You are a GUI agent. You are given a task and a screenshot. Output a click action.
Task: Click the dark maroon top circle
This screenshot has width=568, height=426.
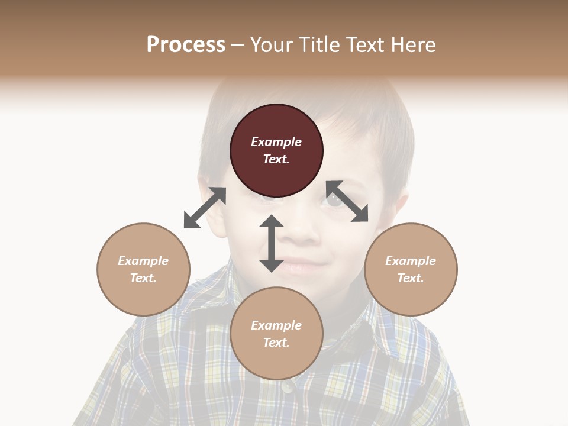(276, 151)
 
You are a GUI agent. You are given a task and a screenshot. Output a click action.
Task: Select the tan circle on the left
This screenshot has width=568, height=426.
(143, 269)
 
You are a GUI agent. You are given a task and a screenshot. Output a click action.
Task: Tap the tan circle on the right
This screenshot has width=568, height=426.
(411, 269)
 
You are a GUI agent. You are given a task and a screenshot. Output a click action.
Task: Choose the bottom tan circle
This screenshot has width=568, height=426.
(276, 334)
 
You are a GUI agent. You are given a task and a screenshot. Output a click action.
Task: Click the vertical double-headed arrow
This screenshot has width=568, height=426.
(272, 243)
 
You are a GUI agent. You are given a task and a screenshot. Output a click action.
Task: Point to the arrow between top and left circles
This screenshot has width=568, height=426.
(205, 208)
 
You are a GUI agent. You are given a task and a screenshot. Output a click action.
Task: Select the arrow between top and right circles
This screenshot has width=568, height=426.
(347, 202)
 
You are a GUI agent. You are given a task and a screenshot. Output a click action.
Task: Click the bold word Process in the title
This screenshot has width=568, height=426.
(186, 44)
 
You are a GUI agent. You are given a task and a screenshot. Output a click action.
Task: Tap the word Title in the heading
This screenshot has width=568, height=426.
(318, 44)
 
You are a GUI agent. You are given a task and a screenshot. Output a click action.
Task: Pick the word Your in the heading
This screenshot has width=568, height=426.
(271, 44)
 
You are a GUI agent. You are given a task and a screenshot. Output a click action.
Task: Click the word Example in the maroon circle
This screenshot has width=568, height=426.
(276, 142)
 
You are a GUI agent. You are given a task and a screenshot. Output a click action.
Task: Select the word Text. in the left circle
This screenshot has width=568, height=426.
(143, 278)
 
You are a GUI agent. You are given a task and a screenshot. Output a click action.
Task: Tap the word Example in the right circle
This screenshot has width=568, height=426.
(411, 261)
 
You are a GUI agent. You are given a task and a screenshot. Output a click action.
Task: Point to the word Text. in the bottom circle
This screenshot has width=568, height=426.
(276, 343)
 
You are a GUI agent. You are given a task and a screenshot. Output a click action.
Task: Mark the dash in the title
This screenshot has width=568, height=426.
(238, 45)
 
